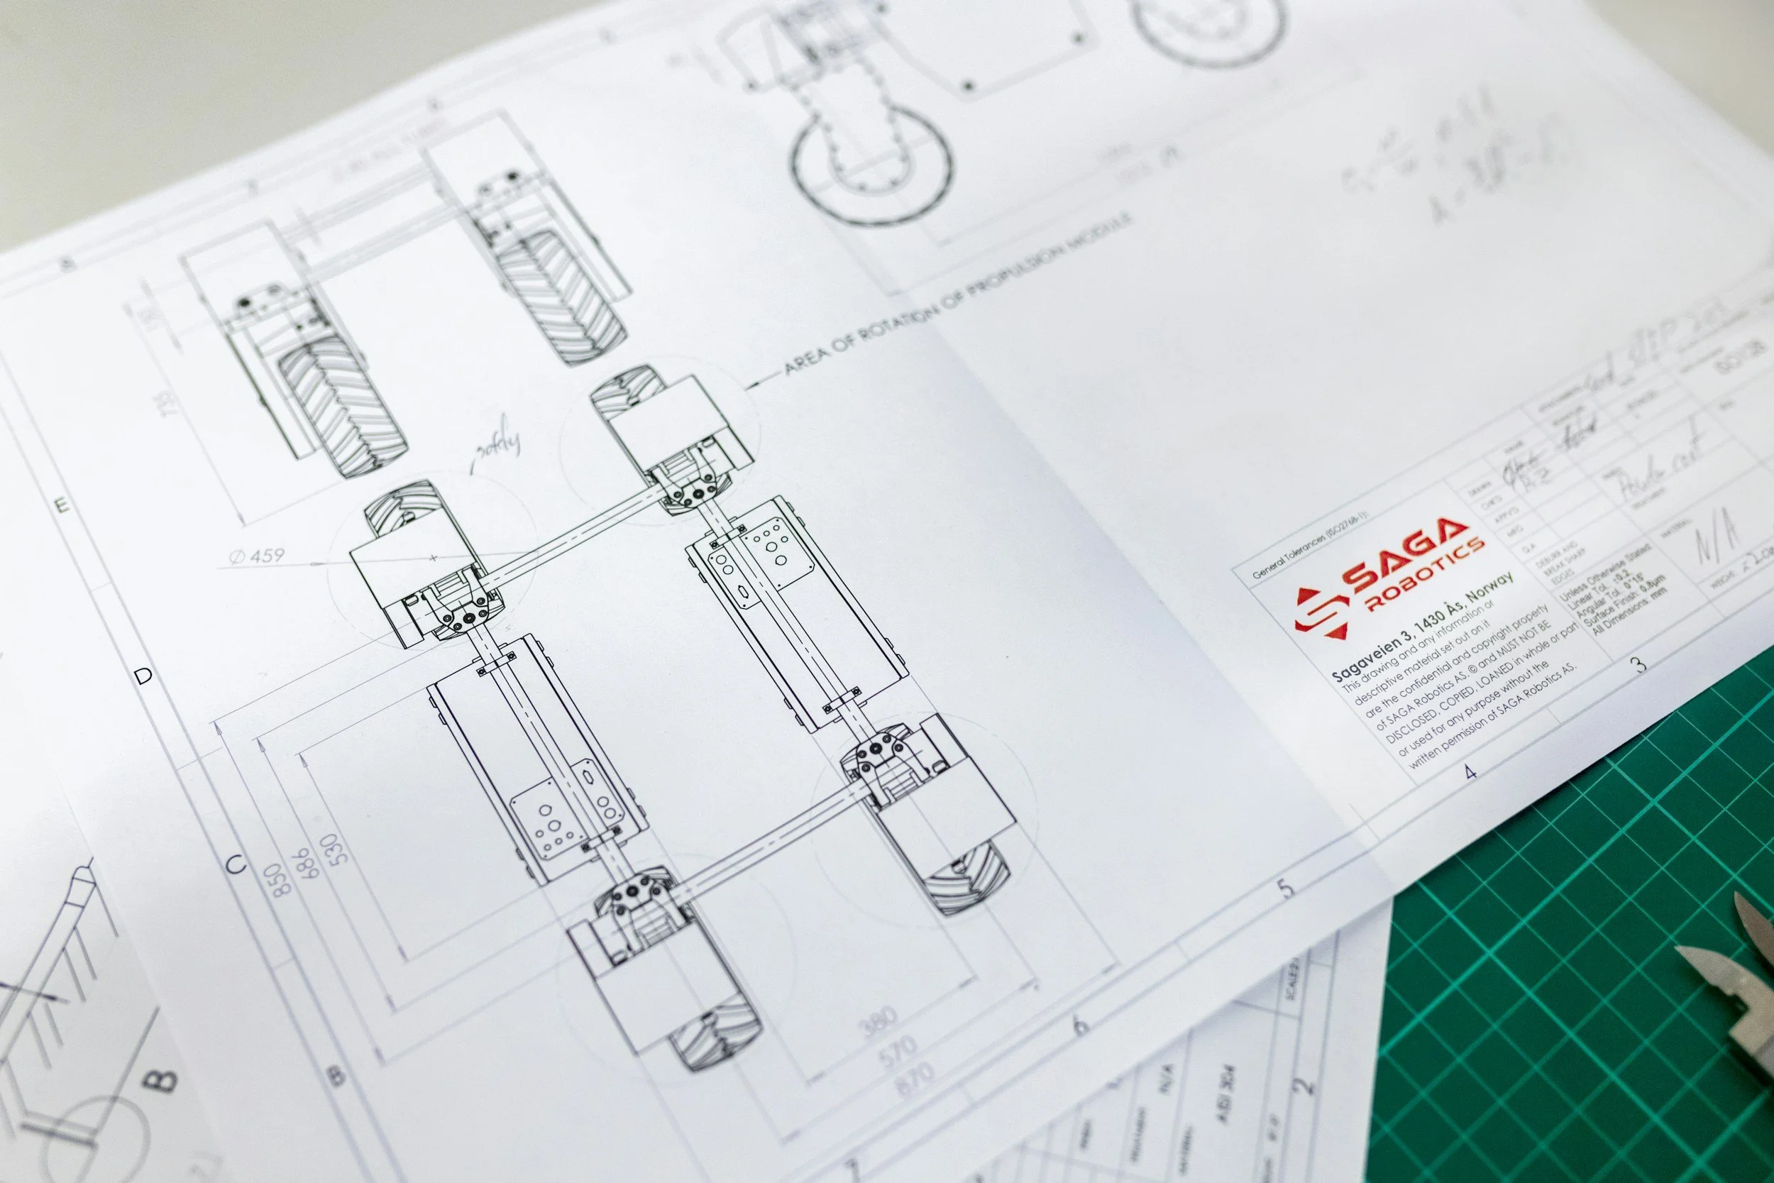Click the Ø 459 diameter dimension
coord(257,557)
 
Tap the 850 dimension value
coord(280,880)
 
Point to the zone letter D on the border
coord(143,676)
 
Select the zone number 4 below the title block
coord(1470,771)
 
